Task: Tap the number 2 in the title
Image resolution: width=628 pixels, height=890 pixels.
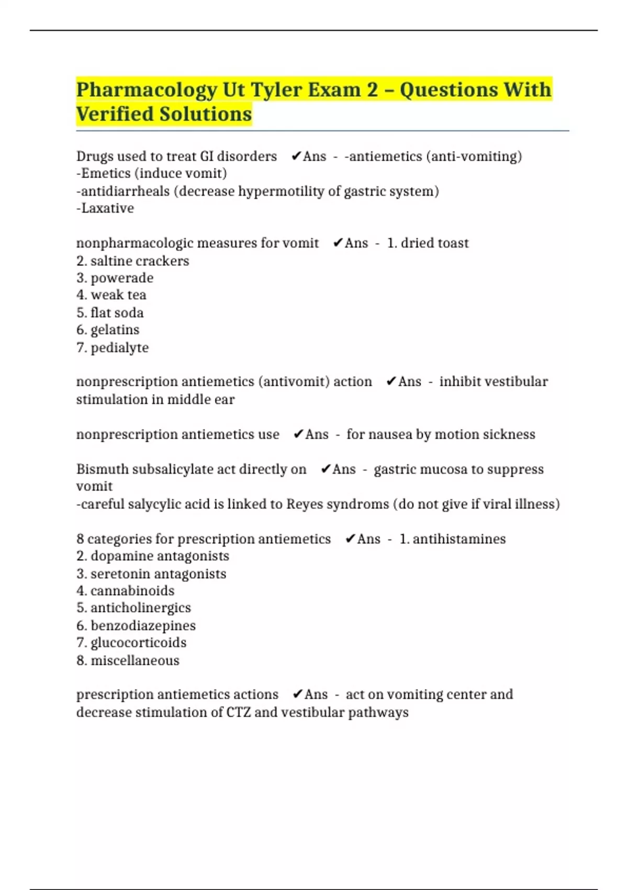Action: coord(372,90)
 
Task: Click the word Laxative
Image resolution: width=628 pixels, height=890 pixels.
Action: coord(107,208)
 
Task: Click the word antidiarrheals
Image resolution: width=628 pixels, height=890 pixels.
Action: coord(125,191)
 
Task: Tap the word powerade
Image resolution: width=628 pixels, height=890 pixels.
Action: coord(122,278)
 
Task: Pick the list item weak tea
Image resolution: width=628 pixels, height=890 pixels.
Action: coord(118,295)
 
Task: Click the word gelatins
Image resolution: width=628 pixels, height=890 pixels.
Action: coord(115,330)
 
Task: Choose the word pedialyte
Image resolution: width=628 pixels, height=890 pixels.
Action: coord(119,348)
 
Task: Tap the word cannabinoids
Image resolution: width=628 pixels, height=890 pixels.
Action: coord(132,591)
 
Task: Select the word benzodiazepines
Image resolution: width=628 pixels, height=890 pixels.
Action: coord(143,626)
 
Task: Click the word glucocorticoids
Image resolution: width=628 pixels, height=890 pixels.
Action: coord(139,643)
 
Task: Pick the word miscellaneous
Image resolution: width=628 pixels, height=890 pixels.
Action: coord(135,661)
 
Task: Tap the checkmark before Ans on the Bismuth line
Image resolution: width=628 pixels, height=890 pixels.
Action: coord(326,469)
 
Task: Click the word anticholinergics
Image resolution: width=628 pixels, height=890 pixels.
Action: coord(141,608)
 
